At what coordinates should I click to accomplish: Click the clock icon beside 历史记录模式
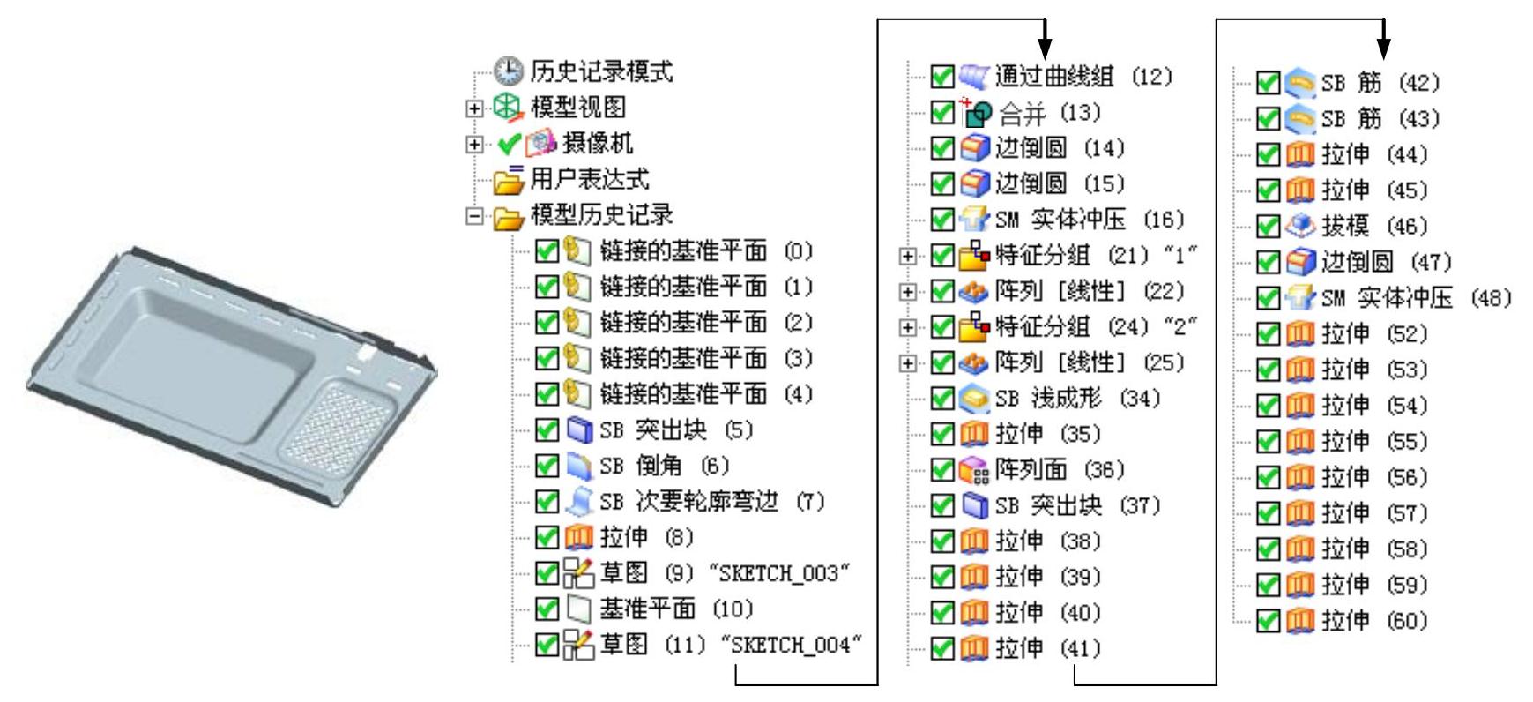511,71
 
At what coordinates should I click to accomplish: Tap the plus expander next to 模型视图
475,108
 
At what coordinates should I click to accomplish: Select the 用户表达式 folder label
589,180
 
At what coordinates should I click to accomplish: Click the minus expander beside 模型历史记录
475,215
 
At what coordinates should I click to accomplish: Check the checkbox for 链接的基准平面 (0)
546,251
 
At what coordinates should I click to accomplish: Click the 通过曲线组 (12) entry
1083,77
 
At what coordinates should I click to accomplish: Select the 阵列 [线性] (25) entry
1090,362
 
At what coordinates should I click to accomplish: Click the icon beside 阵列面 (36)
969,470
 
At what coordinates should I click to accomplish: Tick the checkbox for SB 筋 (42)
1268,83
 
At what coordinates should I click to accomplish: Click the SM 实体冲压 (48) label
1416,298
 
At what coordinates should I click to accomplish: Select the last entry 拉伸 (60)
1373,621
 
